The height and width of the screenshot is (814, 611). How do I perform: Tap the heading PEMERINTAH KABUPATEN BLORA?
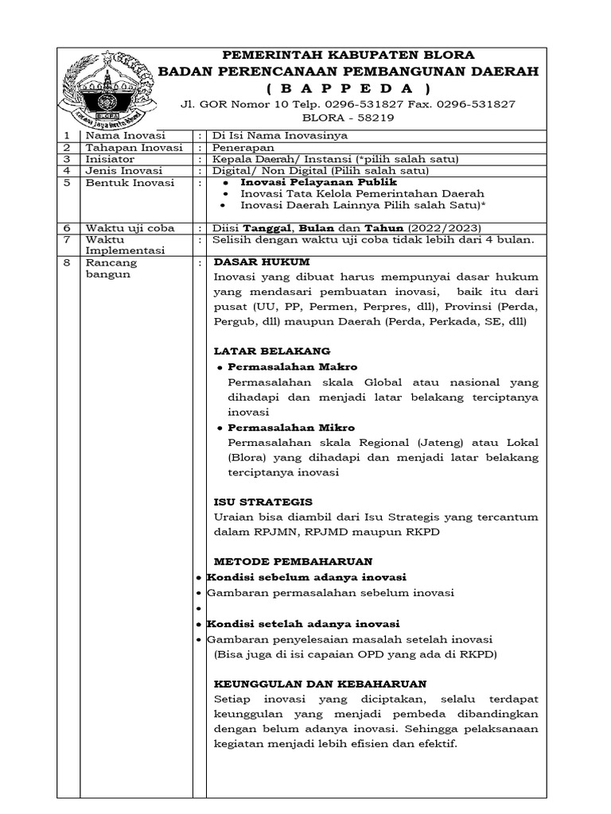click(x=348, y=55)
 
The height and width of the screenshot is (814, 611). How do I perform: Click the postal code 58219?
click(x=369, y=118)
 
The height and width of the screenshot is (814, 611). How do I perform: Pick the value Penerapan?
click(x=243, y=148)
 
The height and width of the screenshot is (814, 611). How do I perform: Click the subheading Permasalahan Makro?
click(x=292, y=366)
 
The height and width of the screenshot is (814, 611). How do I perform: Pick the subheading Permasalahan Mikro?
click(x=291, y=428)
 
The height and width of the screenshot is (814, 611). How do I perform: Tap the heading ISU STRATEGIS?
click(x=263, y=502)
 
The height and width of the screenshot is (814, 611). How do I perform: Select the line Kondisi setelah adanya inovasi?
click(x=302, y=623)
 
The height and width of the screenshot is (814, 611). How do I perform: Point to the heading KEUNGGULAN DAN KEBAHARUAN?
click(x=321, y=684)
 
